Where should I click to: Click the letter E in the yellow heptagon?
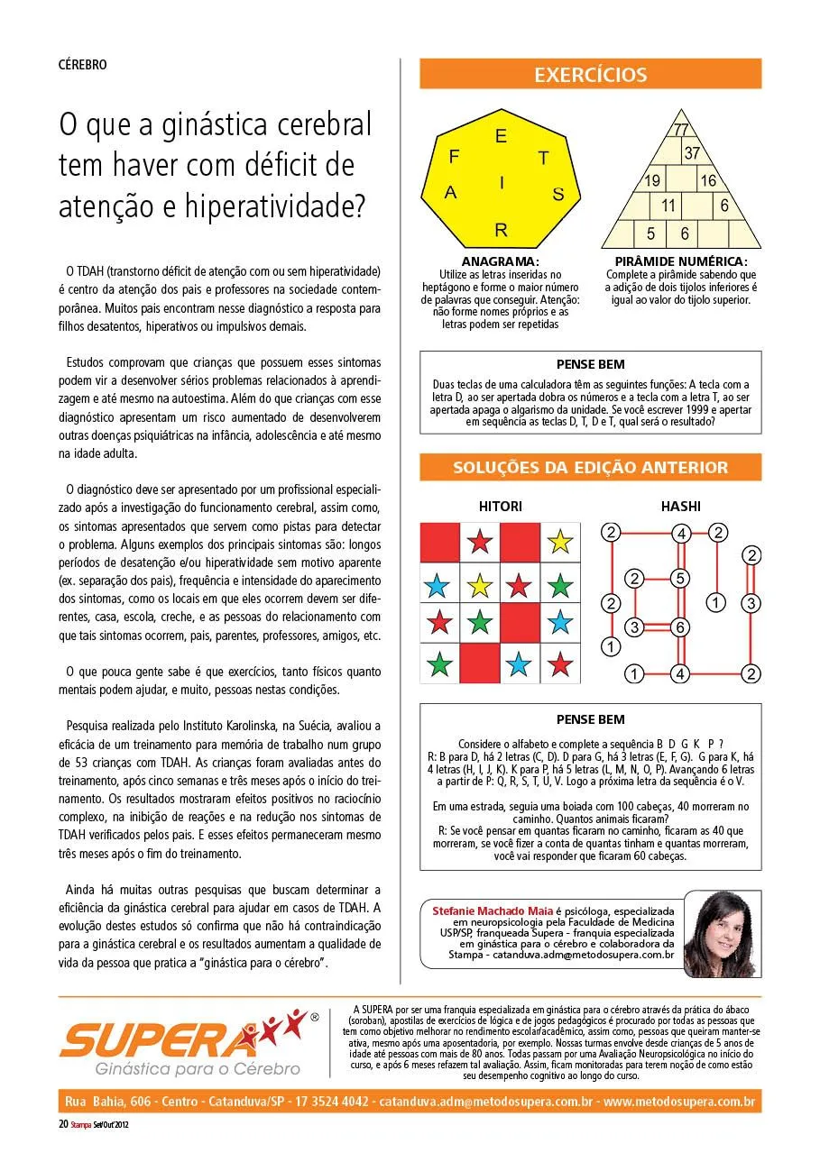[x=502, y=137]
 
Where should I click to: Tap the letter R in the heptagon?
[x=502, y=230]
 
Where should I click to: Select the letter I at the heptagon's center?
[x=502, y=183]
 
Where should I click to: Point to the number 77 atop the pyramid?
[x=681, y=129]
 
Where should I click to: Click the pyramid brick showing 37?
[x=692, y=154]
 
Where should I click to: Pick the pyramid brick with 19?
[x=652, y=181]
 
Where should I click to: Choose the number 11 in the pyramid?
[x=668, y=206]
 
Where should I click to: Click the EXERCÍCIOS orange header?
[x=590, y=74]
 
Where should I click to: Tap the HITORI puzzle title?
[x=500, y=507]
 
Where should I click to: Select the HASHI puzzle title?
[x=680, y=507]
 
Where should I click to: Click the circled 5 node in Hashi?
[x=681, y=578]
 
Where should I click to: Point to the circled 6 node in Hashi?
[x=681, y=627]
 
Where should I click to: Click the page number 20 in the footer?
[x=63, y=1124]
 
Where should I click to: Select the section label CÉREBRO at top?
[x=83, y=65]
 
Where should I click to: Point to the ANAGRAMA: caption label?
[x=500, y=262]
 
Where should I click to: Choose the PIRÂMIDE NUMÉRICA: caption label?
[x=680, y=262]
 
